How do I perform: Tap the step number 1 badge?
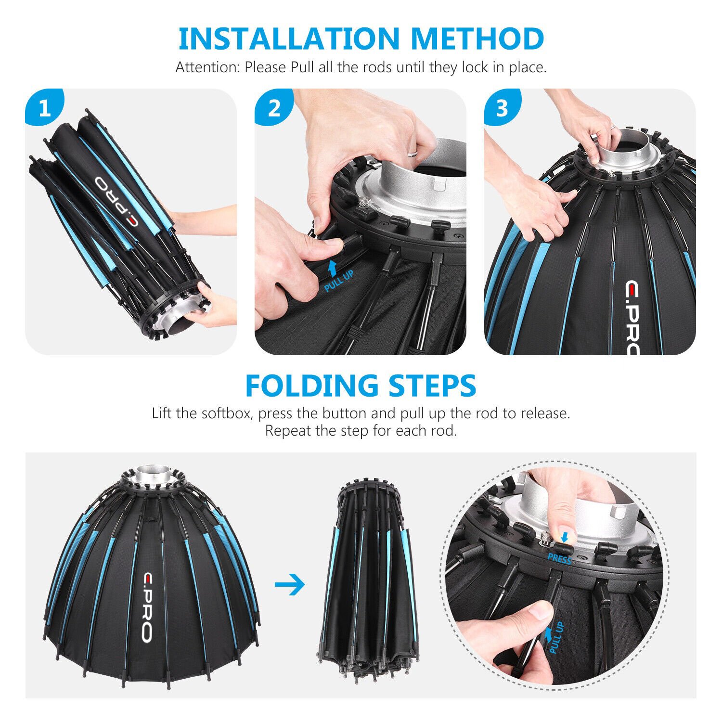click(x=44, y=108)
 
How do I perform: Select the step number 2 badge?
click(x=274, y=108)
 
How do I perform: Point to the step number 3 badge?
click(x=503, y=108)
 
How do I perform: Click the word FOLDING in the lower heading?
click(x=311, y=386)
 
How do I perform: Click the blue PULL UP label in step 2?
click(x=339, y=281)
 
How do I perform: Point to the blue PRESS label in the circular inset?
click(x=559, y=559)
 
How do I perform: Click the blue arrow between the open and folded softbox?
click(x=290, y=585)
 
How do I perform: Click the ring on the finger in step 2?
click(x=413, y=154)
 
